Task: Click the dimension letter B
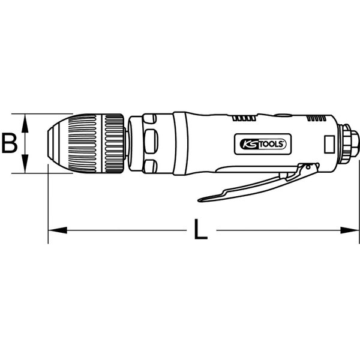(8, 143)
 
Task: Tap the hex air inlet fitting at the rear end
(353, 143)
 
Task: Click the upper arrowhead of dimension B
(25, 119)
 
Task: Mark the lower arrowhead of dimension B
(25, 168)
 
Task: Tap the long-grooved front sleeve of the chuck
(83, 143)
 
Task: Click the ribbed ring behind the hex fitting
(346, 143)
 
